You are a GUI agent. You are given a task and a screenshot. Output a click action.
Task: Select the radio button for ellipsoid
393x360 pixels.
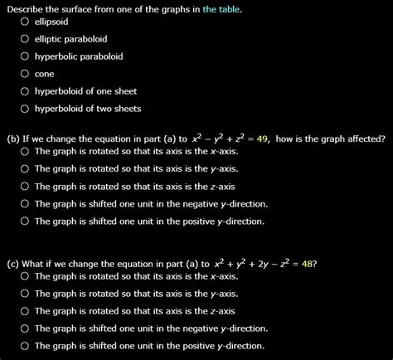coord(26,22)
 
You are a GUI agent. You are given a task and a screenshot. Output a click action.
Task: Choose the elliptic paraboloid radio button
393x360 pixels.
coord(26,39)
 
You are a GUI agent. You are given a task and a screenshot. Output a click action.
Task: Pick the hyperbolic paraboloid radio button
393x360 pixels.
coord(26,56)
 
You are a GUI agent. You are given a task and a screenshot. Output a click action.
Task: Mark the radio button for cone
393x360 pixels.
coord(26,74)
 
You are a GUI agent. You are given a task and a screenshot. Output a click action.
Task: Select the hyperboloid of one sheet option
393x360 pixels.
coord(26,91)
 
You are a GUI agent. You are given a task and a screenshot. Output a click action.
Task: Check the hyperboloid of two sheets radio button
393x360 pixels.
coord(26,109)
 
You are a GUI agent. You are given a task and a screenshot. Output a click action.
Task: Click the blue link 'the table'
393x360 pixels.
coord(220,7)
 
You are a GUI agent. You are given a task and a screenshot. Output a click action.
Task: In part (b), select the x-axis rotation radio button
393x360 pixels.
coord(26,152)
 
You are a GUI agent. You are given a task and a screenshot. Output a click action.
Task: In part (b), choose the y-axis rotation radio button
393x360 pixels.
coord(26,169)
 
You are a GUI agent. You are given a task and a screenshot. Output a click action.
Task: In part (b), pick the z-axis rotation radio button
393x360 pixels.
coord(26,187)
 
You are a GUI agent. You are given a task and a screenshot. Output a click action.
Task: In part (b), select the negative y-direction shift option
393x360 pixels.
coord(26,204)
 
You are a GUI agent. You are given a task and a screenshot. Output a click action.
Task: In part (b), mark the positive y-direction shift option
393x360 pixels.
coord(26,221)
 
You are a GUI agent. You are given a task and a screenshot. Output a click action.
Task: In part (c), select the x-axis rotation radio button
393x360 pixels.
coord(26,276)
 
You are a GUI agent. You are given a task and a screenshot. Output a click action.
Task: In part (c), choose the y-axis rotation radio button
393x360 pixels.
coord(26,294)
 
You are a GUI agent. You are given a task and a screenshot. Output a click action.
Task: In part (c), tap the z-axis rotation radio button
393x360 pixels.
coord(26,311)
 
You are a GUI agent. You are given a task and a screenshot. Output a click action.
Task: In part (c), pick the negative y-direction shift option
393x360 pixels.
coord(26,328)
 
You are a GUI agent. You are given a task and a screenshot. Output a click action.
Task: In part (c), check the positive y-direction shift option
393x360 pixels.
coord(26,346)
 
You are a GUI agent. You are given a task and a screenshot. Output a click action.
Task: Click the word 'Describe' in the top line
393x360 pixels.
coord(26,7)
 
